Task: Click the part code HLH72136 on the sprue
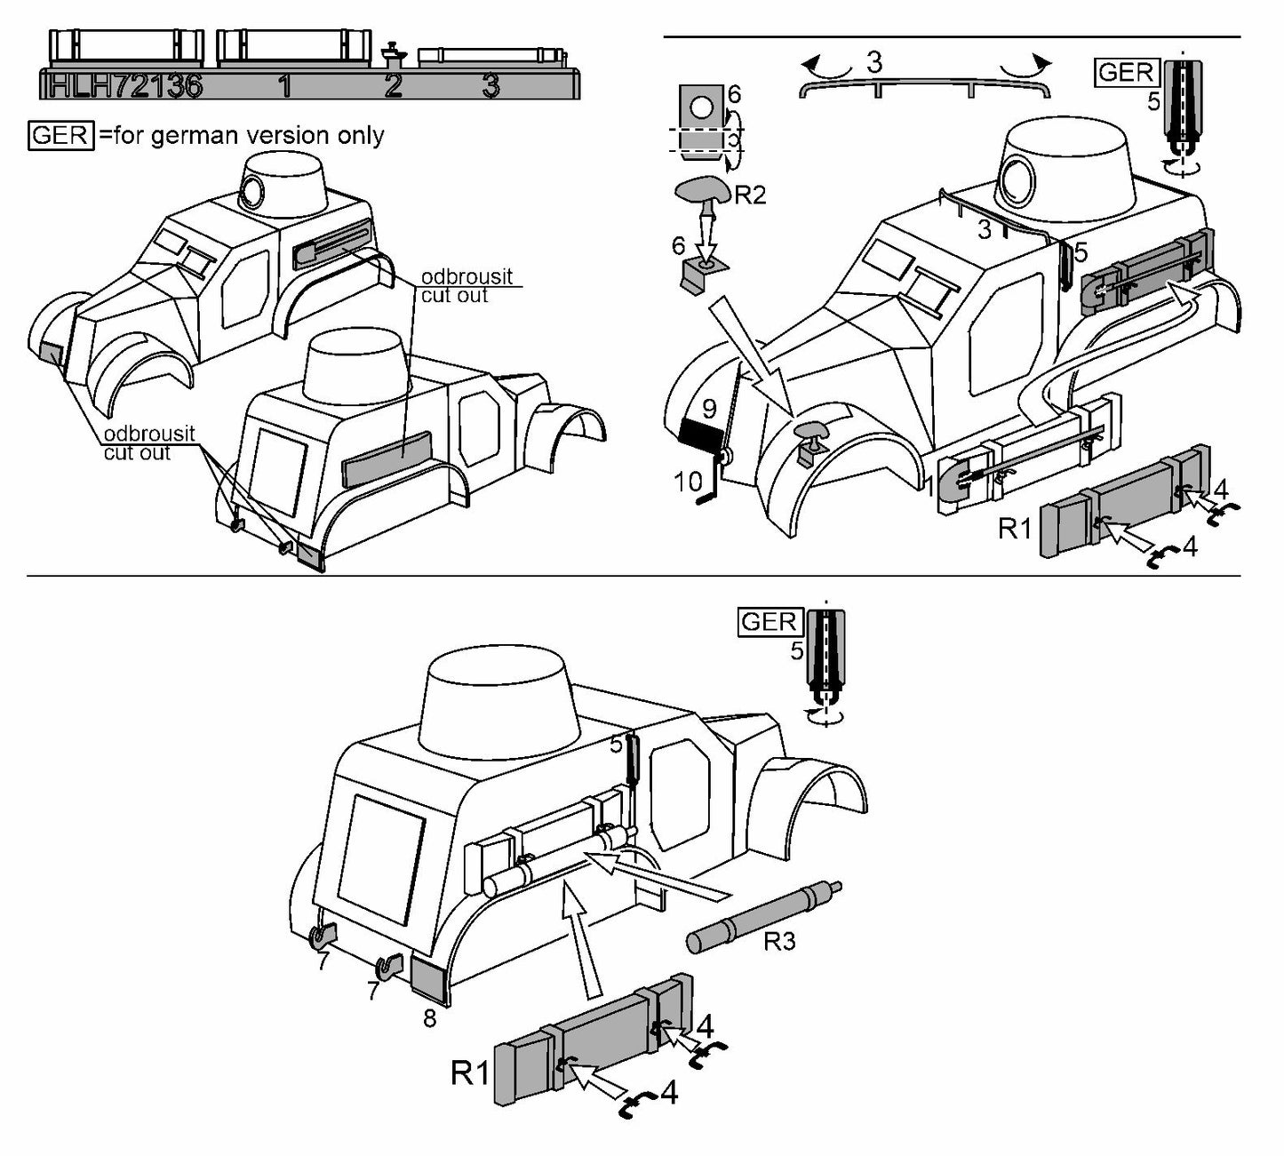coord(124,86)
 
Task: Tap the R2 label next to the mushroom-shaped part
coord(749,195)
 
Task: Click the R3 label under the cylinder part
coord(779,941)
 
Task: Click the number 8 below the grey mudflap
coord(429,1018)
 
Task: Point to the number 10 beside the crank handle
coord(689,482)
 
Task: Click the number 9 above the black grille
coord(709,409)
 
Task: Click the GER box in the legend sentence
coord(60,135)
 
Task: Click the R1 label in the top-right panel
coord(1015,529)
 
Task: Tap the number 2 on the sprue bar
coord(393,86)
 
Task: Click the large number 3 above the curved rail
coord(874,62)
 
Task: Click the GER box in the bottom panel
coord(770,622)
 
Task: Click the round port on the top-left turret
coord(253,191)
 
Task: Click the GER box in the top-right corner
coord(1126,73)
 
